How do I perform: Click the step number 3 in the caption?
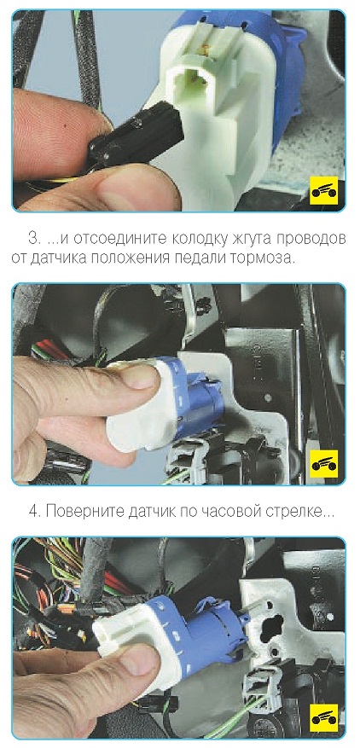point(32,239)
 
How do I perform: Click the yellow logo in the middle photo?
point(323,464)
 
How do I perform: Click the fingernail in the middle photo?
point(141,375)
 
